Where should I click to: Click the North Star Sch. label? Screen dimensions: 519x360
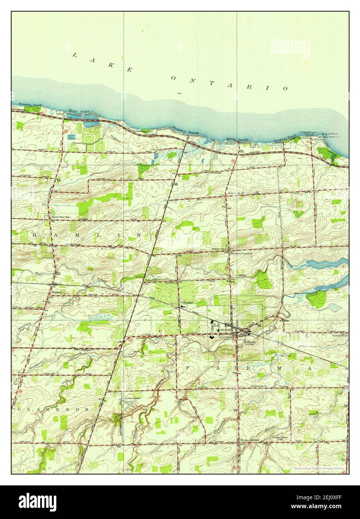pyautogui.click(x=61, y=217)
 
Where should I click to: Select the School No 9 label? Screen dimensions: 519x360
pyautogui.click(x=259, y=386)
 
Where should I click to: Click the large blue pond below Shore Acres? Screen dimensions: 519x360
pyautogui.click(x=90, y=118)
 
